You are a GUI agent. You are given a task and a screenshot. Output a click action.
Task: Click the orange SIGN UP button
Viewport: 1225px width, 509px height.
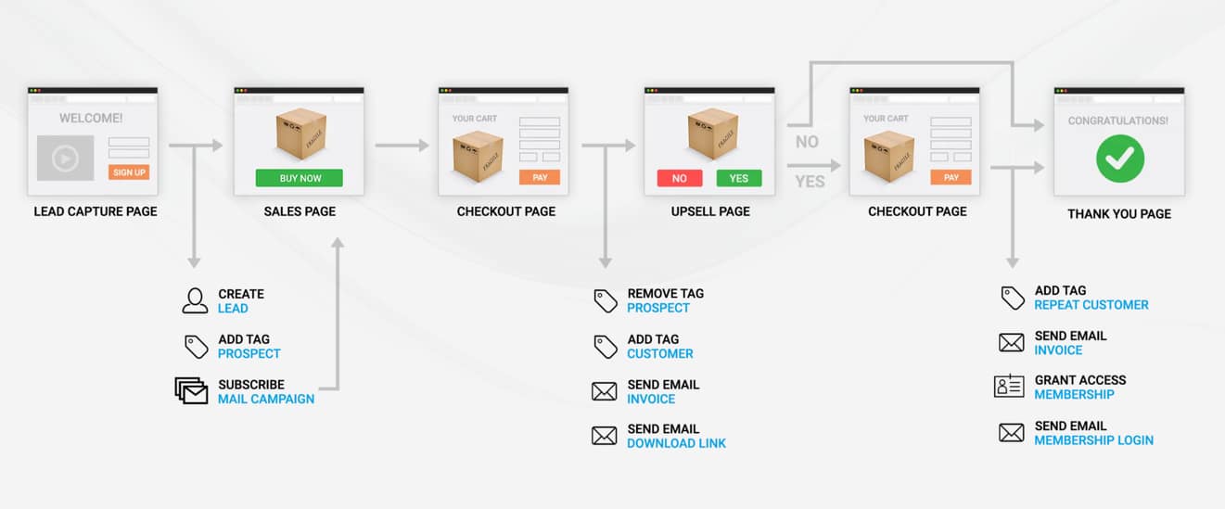click(x=129, y=172)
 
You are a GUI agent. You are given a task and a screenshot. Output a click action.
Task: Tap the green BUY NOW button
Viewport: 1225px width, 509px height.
click(x=300, y=178)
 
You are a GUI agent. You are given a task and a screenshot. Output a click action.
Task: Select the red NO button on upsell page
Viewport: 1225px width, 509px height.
click(x=680, y=178)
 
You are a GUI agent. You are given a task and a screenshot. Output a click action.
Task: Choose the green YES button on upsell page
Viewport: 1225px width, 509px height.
click(x=739, y=178)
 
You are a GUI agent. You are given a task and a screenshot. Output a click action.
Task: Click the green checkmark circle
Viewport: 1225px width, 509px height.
click(x=1120, y=159)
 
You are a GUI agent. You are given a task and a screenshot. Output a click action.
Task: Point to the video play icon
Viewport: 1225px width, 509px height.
click(x=65, y=159)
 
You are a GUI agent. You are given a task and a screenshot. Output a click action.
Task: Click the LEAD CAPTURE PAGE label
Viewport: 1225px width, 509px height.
click(x=96, y=211)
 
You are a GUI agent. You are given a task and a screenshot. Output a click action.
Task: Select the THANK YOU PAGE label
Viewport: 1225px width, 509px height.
click(x=1119, y=214)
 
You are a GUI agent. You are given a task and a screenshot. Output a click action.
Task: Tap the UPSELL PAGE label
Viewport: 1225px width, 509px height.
click(x=710, y=211)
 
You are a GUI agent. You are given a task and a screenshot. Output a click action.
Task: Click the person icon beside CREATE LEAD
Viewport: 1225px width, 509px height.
click(x=195, y=300)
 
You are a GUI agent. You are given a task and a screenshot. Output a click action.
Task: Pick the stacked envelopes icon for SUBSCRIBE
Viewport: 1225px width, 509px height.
click(x=192, y=390)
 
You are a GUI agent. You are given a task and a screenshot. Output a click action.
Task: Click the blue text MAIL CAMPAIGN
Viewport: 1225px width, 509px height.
click(x=266, y=399)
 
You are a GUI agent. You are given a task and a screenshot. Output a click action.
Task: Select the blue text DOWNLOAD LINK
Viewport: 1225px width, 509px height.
click(x=677, y=443)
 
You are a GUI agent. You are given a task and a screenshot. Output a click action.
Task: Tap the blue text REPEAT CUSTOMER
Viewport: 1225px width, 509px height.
click(x=1091, y=304)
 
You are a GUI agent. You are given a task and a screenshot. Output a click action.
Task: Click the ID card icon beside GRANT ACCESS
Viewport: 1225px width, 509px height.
click(x=1009, y=387)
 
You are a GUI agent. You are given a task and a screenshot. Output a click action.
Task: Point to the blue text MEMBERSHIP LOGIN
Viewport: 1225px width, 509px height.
click(x=1094, y=440)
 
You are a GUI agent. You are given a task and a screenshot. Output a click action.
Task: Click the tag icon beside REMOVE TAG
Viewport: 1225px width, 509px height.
click(x=606, y=300)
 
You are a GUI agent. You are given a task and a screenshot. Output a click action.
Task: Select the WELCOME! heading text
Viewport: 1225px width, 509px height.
click(x=91, y=119)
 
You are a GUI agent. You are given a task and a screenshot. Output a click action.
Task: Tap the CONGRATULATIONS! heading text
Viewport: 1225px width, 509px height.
click(x=1118, y=121)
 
